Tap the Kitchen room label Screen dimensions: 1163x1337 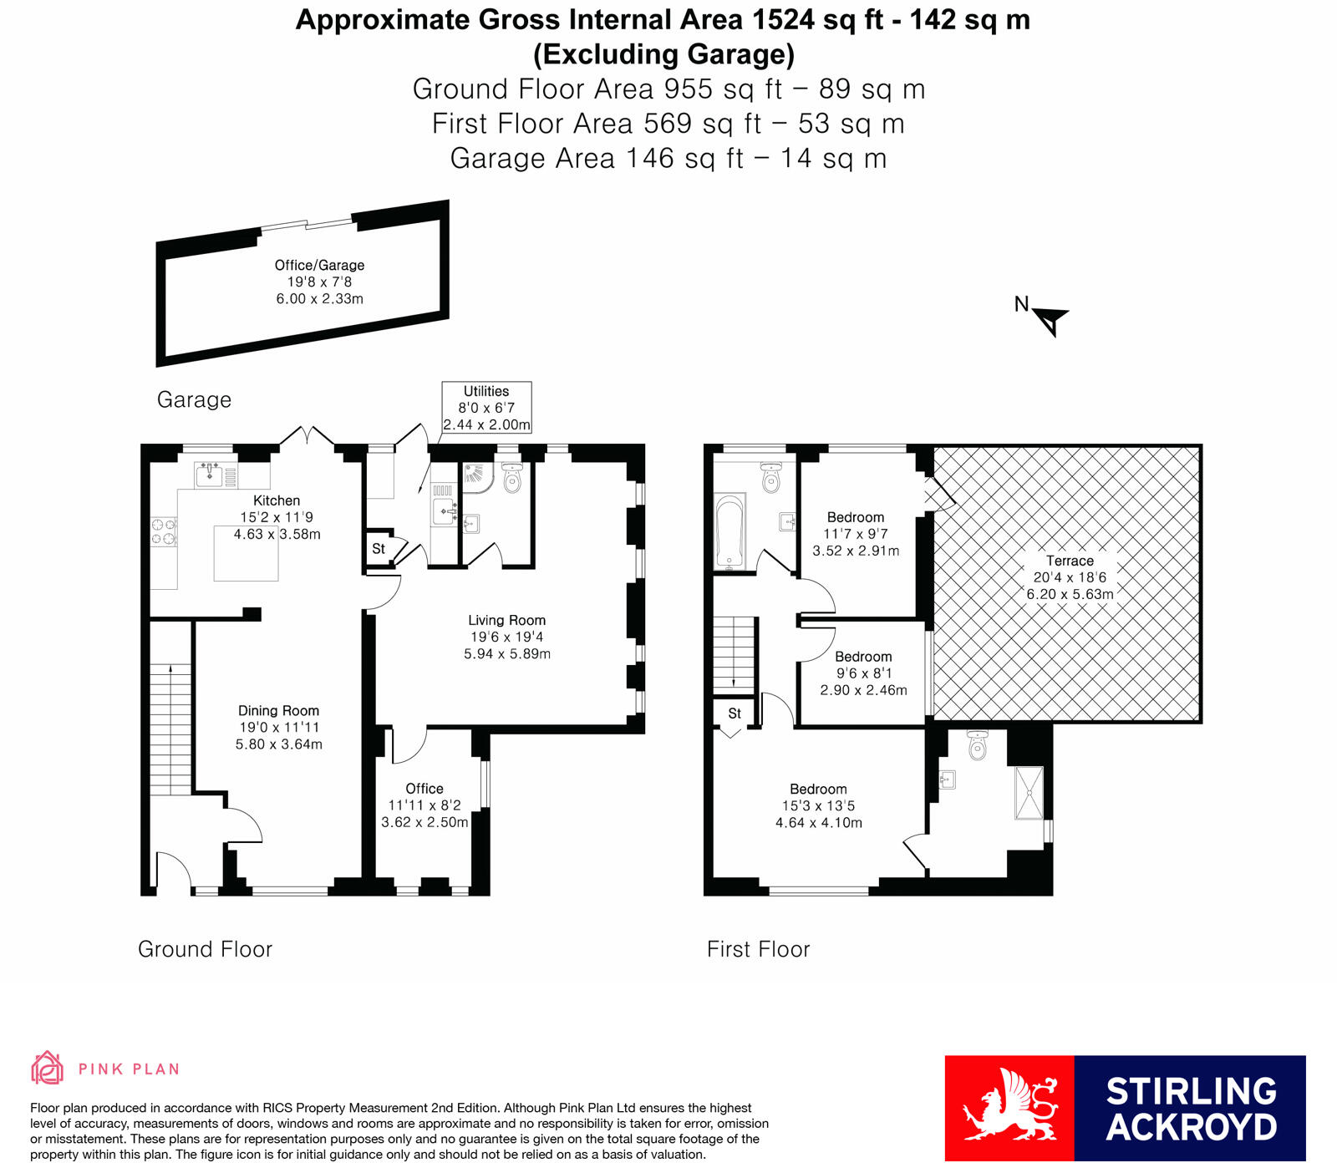pos(277,500)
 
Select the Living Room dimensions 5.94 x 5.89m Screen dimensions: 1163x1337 pos(507,654)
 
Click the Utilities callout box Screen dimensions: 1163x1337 pos(486,408)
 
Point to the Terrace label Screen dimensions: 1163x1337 pos(1070,561)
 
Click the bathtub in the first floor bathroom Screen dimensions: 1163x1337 pos(730,532)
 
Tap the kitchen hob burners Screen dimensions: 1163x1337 pos(163,531)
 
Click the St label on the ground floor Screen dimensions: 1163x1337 pos(379,549)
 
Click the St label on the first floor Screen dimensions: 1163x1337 pos(735,714)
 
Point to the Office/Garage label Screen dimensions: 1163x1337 pos(319,265)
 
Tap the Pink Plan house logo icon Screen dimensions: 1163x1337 pos(48,1068)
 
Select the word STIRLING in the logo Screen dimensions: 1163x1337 pos(1191,1091)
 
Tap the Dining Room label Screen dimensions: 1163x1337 pos(278,711)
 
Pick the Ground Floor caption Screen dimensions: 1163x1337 pos(205,949)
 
